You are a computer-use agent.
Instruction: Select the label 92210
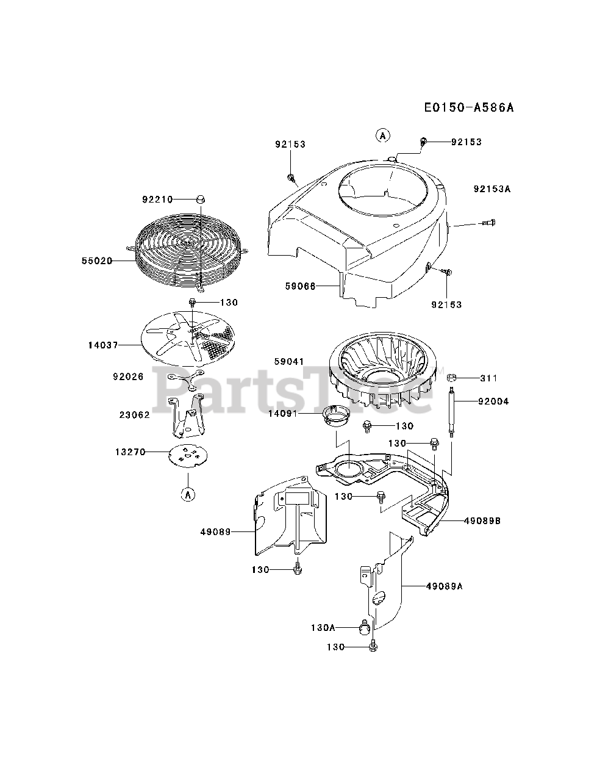tap(157, 200)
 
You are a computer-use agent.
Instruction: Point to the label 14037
tap(102, 345)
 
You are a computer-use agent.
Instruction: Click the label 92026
tap(128, 377)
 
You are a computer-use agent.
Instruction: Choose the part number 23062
tap(135, 415)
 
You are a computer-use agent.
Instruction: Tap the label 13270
tap(130, 452)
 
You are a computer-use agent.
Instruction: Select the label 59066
tap(300, 286)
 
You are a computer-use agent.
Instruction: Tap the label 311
tap(488, 378)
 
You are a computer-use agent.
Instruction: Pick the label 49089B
tap(482, 521)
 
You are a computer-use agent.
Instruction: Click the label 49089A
tap(445, 586)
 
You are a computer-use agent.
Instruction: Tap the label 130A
tap(324, 627)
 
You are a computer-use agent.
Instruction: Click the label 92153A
tap(492, 189)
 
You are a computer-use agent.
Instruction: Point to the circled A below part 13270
tap(188, 495)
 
